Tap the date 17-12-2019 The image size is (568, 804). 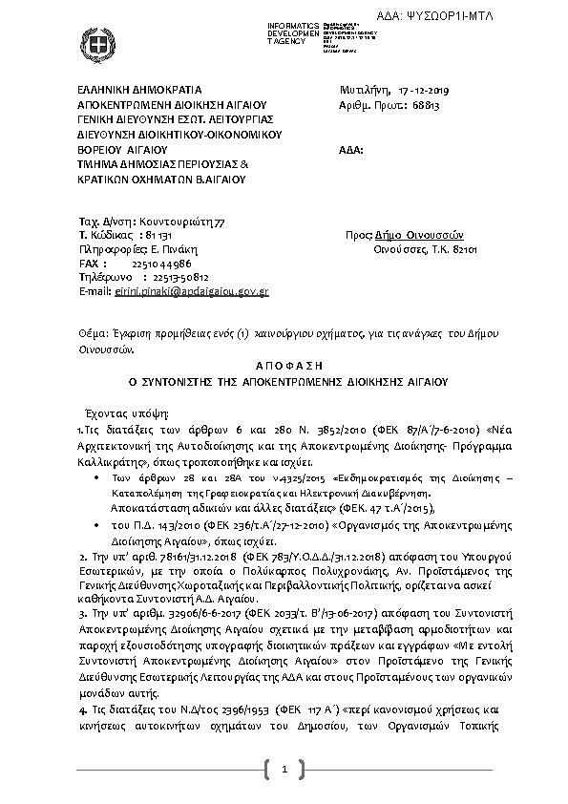(x=434, y=91)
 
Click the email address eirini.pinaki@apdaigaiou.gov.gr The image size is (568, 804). (x=191, y=289)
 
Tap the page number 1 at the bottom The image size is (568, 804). (x=284, y=769)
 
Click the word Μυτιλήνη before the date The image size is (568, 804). (x=366, y=91)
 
